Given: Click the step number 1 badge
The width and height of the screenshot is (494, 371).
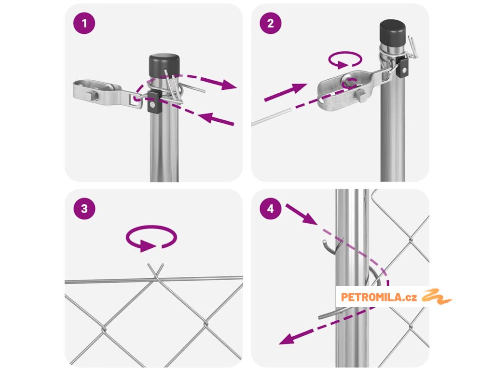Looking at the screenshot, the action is pos(84,23).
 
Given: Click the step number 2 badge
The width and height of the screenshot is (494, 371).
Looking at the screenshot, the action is pos(271,23).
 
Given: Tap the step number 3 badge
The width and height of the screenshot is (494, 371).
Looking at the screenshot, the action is pos(84,209).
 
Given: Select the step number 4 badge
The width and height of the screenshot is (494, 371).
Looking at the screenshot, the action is pos(271,209).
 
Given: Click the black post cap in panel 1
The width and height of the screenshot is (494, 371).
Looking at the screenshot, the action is pos(164,66).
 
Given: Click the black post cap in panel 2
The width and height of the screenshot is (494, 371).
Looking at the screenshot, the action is pos(393,32).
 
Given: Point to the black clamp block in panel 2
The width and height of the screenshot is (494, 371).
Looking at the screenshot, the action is pos(403,67).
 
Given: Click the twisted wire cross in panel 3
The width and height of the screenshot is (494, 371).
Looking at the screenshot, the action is pos(156,273).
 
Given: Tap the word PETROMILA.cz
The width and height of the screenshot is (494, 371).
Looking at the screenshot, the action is pos(379,297).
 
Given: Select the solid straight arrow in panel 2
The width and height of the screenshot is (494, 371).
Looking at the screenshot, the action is pos(286,92).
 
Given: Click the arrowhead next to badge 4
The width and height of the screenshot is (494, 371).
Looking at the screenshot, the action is pos(310,219).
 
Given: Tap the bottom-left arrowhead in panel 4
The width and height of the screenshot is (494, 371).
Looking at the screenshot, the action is pos(288,339).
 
